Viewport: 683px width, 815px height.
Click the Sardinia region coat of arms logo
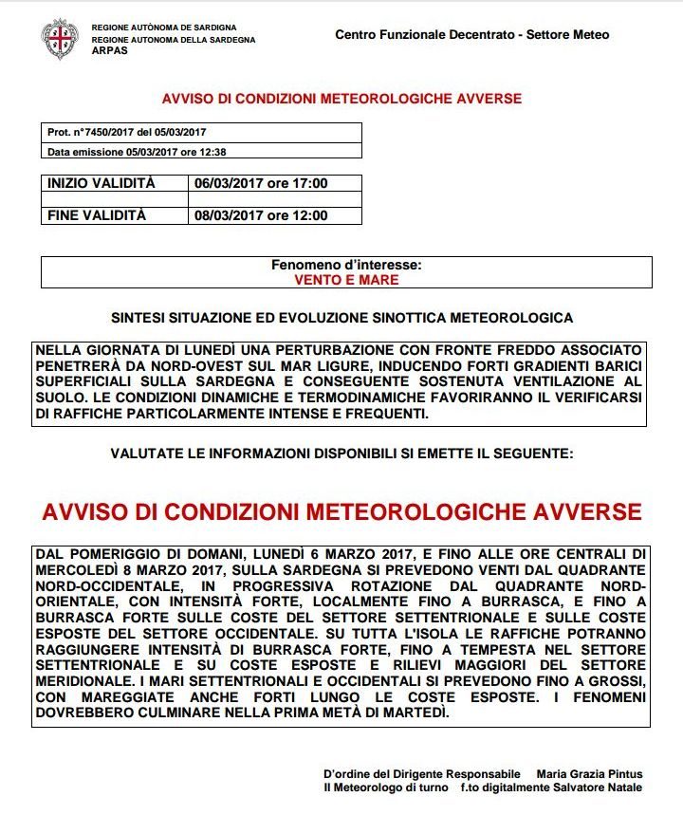[59, 37]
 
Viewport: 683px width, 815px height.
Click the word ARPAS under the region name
[110, 50]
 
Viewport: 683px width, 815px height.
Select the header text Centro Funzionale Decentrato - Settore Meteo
[471, 35]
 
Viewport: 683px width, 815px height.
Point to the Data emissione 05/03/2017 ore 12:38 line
[137, 152]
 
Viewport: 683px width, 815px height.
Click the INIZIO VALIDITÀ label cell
[101, 184]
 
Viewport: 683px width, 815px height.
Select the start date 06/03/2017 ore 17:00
[261, 184]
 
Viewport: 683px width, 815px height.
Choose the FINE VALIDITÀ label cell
[97, 215]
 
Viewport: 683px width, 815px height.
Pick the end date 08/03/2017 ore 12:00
[261, 215]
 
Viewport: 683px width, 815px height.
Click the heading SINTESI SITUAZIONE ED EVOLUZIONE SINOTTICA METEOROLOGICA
[341, 318]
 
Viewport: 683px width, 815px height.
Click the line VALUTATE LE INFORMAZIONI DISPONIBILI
[341, 454]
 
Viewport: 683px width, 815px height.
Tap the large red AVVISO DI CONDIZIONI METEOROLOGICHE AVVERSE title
[341, 512]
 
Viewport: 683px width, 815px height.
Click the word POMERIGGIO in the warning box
[115, 553]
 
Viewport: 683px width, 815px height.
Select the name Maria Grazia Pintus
[589, 773]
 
